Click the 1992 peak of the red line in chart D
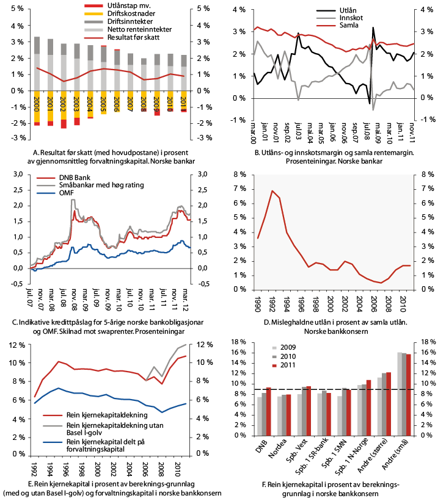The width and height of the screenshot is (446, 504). (x=272, y=191)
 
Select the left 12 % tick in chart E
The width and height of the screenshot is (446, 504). (x=15, y=345)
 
